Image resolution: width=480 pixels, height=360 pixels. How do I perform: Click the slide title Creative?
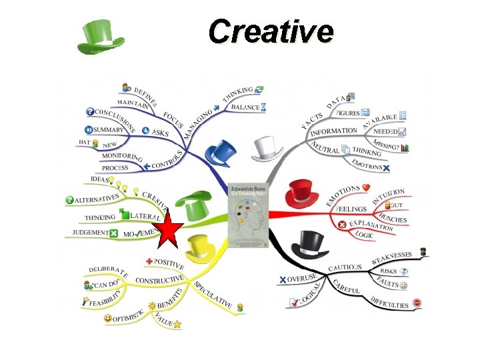(271, 31)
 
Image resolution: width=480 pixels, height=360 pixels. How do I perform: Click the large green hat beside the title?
(101, 37)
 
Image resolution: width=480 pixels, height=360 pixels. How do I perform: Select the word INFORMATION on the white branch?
(334, 132)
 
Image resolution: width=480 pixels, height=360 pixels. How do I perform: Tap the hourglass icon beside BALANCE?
(265, 107)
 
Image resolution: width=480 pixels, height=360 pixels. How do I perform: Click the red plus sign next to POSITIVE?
(149, 261)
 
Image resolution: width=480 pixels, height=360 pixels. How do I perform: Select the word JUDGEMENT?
(90, 233)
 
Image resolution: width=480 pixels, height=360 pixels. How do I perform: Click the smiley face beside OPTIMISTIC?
(109, 319)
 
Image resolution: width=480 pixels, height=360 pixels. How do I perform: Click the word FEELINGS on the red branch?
(352, 209)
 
